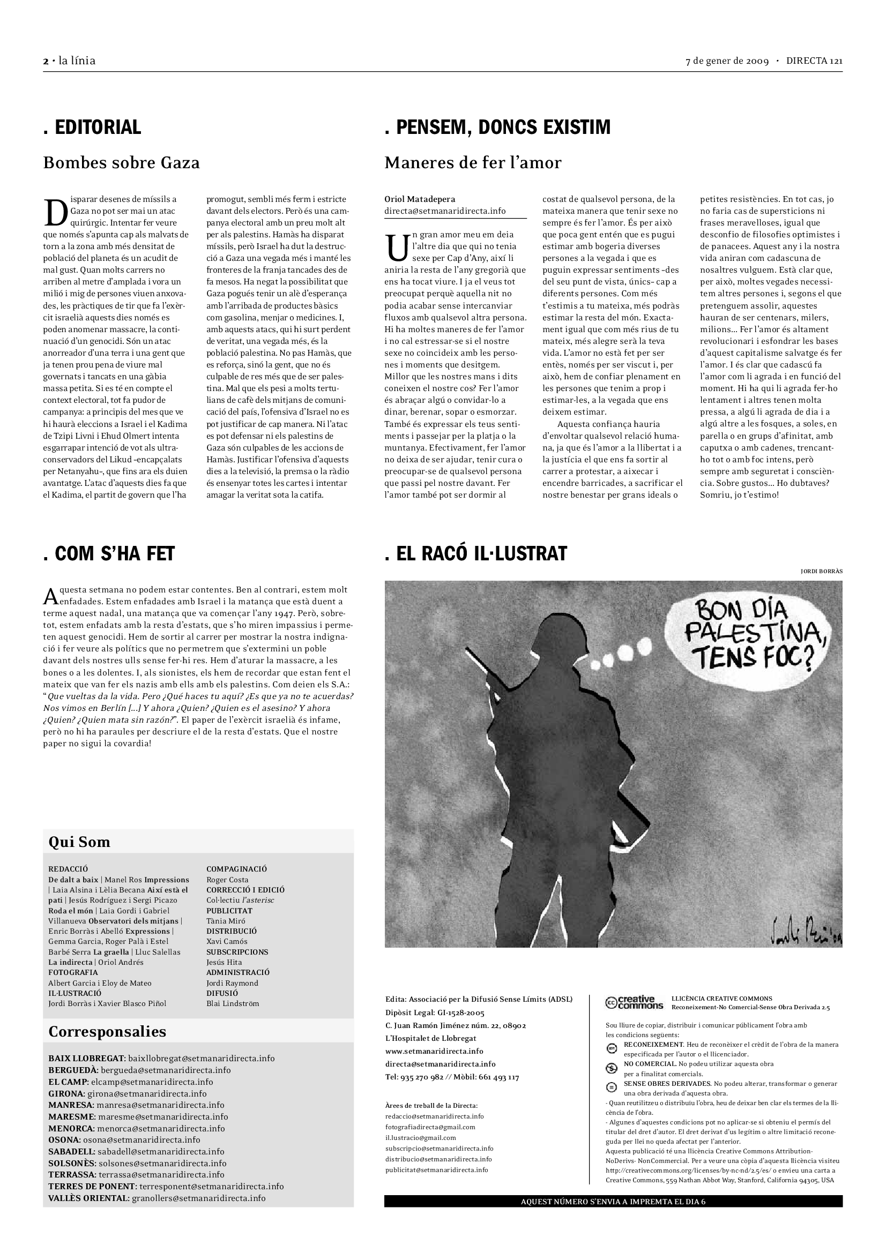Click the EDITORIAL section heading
coord(92,127)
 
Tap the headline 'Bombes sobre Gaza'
coord(121,163)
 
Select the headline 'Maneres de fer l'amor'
coord(473,163)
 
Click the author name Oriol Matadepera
coord(419,199)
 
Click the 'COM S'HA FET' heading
coord(109,553)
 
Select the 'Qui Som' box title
coord(79,842)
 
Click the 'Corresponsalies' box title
coord(107,1031)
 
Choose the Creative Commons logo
coord(634,1002)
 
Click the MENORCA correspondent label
coord(71,1129)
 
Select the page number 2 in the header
coord(46,61)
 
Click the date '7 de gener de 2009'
coord(727,61)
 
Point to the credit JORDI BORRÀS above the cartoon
coord(821,572)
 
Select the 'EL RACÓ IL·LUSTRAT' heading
coord(476,553)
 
